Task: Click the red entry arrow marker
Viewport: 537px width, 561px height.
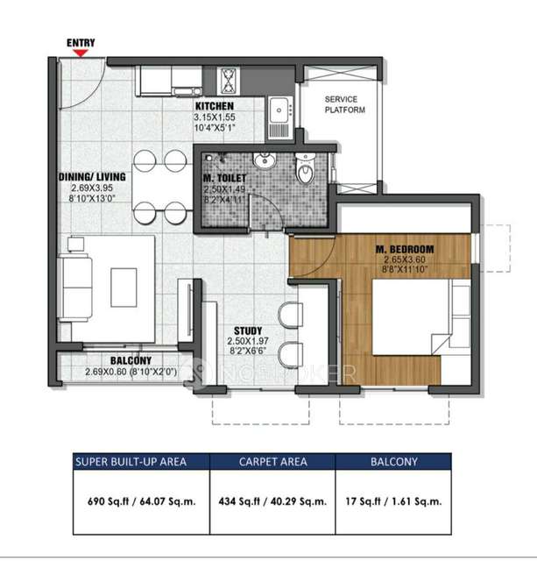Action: point(80,53)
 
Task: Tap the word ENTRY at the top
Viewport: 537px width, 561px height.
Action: point(81,41)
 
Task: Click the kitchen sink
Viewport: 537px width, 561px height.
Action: point(280,111)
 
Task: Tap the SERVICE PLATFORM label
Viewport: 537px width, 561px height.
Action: point(344,105)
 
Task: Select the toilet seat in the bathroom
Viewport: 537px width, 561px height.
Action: point(303,170)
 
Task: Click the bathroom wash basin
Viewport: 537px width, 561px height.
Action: point(262,164)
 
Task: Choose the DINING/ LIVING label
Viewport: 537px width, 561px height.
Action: point(92,177)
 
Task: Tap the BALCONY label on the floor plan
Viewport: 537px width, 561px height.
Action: point(131,360)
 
